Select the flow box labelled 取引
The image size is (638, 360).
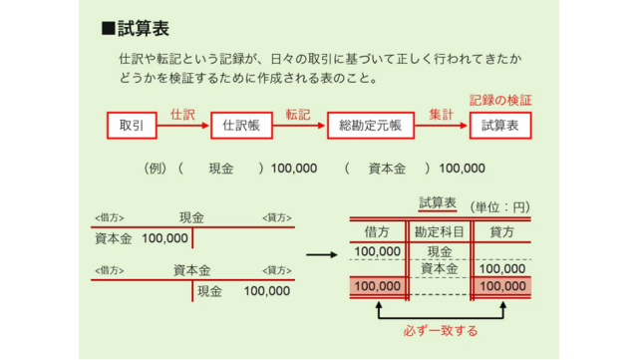(133, 126)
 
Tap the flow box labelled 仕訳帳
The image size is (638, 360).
(240, 126)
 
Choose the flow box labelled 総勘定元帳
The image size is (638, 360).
(370, 126)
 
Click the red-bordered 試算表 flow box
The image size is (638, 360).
(500, 126)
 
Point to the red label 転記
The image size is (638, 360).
(298, 114)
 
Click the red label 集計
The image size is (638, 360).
(441, 114)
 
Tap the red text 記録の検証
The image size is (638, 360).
(500, 100)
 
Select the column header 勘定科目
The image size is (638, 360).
(440, 232)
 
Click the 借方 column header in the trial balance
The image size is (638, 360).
(377, 232)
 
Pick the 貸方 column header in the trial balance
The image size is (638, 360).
(500, 232)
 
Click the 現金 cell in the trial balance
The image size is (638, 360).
(440, 251)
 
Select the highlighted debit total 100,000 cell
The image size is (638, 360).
(377, 287)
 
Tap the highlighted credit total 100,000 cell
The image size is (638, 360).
(501, 287)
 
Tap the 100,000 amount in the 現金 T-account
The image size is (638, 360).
(164, 239)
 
